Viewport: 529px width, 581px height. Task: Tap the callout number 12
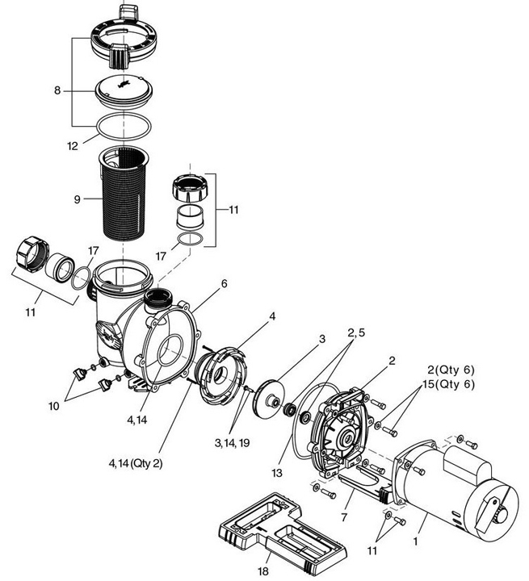[73, 146]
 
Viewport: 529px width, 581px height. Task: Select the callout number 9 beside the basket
[78, 198]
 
